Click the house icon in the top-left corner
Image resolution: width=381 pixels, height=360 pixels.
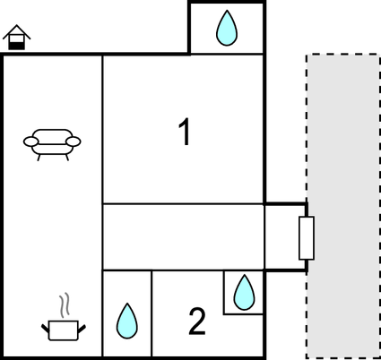coord(17,38)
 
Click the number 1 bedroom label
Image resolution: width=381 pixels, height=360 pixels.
coord(185,132)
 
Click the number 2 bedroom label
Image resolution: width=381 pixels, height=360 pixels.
coord(197,321)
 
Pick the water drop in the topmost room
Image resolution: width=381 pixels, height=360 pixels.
coord(227,28)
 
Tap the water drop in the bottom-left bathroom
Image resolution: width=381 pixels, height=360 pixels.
coord(127,321)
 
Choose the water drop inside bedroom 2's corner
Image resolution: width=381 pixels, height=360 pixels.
coord(245,292)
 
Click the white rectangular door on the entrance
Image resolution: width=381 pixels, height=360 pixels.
coord(307,238)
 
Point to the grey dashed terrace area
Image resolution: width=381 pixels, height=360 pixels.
coord(343,206)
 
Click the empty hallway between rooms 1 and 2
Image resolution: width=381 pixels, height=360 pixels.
coord(183,237)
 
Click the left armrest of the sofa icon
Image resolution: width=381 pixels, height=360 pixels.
coord(31,141)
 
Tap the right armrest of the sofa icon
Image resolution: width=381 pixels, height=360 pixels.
coord(74,141)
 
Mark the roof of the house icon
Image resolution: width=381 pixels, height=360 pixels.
coord(17,31)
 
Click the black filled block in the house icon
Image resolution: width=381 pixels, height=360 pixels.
coord(16,46)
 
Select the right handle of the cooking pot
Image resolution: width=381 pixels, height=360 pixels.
coord(82,329)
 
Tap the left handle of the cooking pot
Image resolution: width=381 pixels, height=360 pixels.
coord(45,329)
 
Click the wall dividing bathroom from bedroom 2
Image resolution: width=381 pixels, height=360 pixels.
coord(152,313)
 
